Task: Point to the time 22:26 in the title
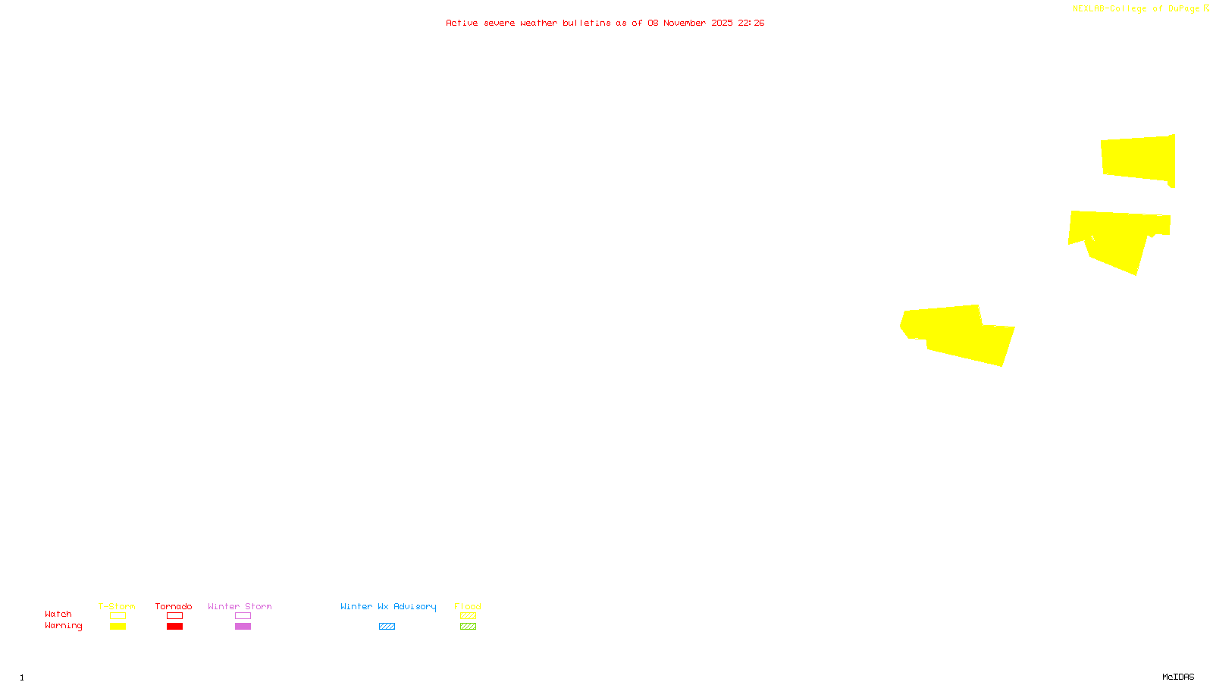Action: pos(751,23)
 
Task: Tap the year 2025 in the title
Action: pos(722,23)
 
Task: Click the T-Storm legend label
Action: pos(117,607)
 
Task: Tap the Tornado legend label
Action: pos(174,607)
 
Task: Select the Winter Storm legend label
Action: pos(240,607)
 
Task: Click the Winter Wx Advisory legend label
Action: pos(388,607)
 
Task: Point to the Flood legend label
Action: pos(468,607)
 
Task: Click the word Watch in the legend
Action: pos(58,615)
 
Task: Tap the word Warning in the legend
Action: pos(64,626)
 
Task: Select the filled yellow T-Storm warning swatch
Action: pos(118,627)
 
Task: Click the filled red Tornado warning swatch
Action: pos(174,627)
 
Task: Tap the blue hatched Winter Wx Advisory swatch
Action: pos(387,627)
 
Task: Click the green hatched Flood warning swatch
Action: pos(468,627)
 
